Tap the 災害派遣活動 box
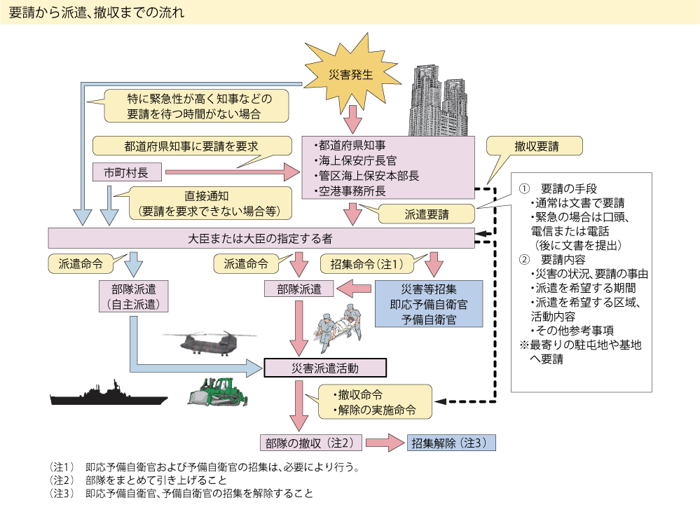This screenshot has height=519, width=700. (x=324, y=367)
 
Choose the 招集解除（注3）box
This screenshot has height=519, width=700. (x=451, y=443)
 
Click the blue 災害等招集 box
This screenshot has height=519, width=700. (x=428, y=304)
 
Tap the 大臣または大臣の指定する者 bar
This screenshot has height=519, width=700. (x=261, y=237)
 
